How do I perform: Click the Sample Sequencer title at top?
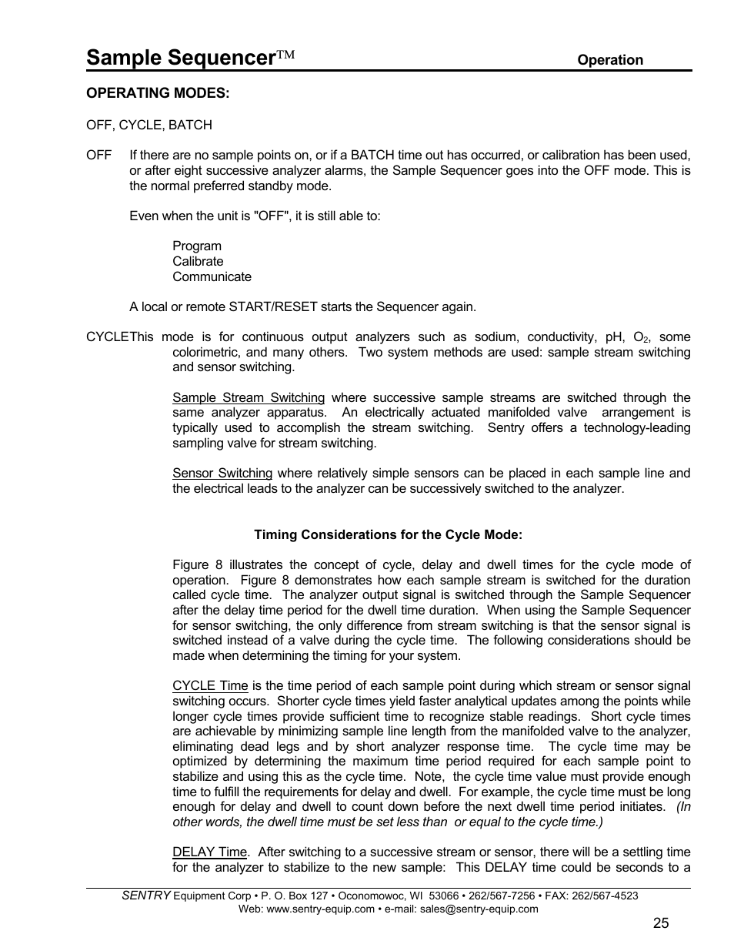pos(181,58)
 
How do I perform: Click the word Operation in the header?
pos(610,60)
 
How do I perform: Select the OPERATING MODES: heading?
pos(158,93)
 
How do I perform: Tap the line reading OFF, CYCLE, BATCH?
pos(149,125)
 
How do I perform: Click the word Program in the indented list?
pos(197,246)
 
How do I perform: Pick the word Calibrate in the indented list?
pos(198,262)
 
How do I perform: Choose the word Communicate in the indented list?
pos(212,277)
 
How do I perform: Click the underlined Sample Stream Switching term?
pos(249,398)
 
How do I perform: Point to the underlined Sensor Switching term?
pos(222,474)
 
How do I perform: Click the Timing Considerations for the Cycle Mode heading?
pos(388,535)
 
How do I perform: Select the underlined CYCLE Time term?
pos(210,686)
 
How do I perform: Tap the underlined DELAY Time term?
pos(209,852)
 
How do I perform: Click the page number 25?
pos(661,924)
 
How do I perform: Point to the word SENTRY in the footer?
pos(146,896)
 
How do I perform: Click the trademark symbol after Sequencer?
pos(286,56)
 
